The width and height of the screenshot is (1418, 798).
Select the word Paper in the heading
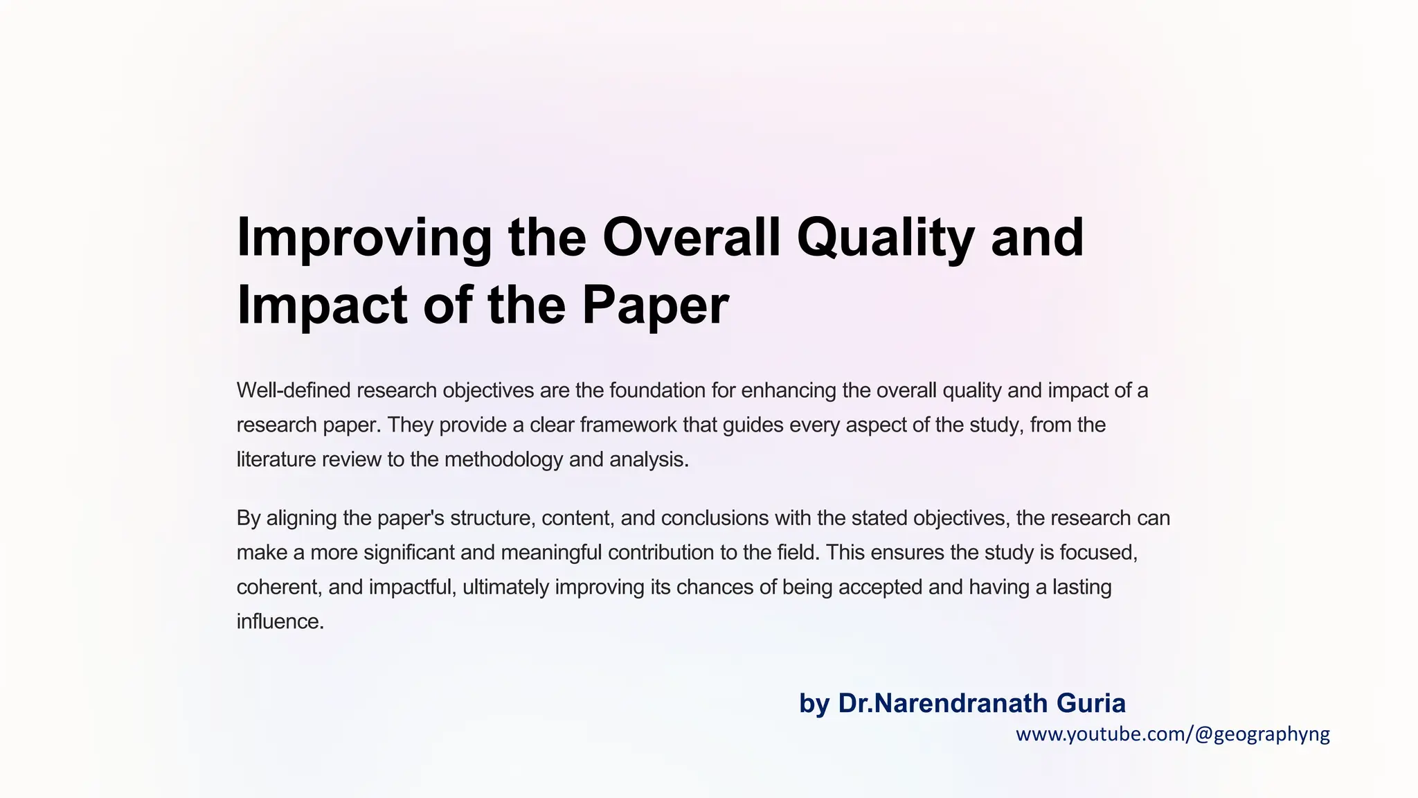[655, 305]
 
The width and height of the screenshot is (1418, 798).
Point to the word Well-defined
[294, 391]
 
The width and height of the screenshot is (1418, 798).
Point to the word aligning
[301, 518]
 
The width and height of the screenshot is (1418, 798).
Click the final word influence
[280, 621]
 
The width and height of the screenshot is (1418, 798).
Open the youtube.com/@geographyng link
[1172, 734]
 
